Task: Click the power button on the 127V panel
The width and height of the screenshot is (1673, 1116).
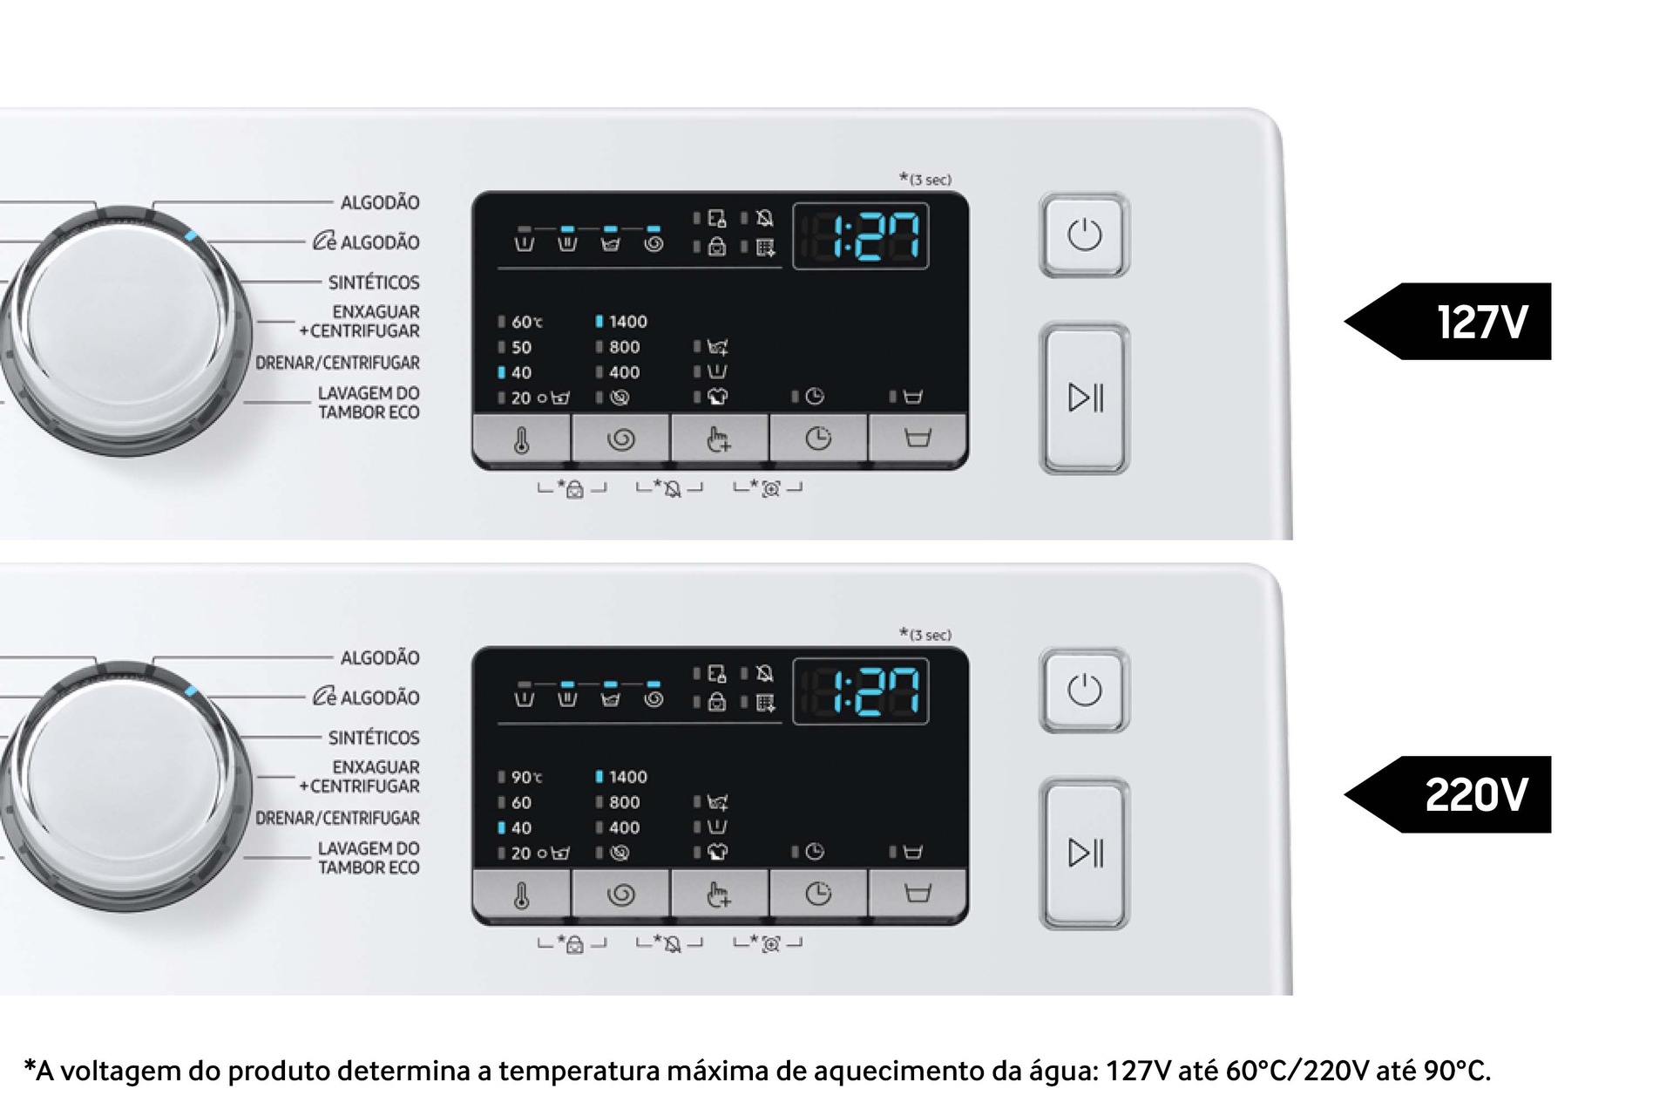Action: click(1084, 235)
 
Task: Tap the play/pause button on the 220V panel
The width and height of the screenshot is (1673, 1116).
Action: click(1084, 853)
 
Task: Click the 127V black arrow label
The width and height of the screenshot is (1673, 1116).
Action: click(1447, 322)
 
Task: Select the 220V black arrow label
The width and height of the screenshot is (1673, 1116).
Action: click(1447, 794)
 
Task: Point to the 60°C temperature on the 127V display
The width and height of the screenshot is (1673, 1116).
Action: click(526, 322)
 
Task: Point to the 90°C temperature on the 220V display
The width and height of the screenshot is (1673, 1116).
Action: click(526, 777)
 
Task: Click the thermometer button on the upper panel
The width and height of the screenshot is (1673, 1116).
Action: click(522, 439)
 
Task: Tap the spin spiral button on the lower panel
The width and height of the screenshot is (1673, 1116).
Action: click(620, 894)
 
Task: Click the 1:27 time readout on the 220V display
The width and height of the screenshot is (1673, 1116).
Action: click(861, 692)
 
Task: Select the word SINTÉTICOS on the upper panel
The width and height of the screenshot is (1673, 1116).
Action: click(374, 282)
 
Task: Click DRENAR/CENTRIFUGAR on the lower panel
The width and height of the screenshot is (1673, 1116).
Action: click(337, 818)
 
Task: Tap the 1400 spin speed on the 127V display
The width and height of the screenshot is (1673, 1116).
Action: click(627, 322)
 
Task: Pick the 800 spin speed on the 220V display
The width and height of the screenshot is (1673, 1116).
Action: click(624, 802)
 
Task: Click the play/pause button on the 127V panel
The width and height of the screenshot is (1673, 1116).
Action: click(1084, 398)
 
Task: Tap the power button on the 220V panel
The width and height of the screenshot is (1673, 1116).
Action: click(1084, 691)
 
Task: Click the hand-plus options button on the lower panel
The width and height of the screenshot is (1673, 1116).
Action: click(719, 894)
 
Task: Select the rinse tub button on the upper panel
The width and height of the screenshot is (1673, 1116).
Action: click(917, 439)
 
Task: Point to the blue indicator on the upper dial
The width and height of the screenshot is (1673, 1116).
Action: click(192, 235)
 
